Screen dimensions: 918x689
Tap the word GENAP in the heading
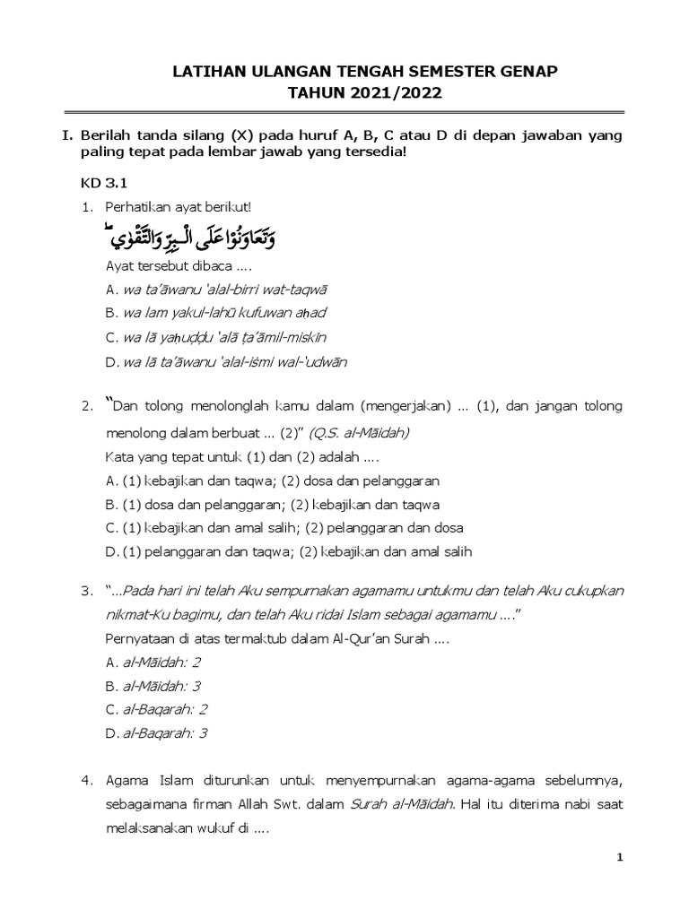[x=536, y=72]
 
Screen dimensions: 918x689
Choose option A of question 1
[x=216, y=289]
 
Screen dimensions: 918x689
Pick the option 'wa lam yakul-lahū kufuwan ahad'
[x=215, y=313]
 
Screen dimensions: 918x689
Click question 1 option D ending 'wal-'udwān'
[x=225, y=361]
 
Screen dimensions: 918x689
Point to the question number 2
[x=87, y=407]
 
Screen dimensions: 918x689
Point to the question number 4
[x=87, y=781]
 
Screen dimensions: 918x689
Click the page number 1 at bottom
[x=619, y=858]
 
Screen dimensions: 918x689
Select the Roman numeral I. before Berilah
[x=66, y=134]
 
